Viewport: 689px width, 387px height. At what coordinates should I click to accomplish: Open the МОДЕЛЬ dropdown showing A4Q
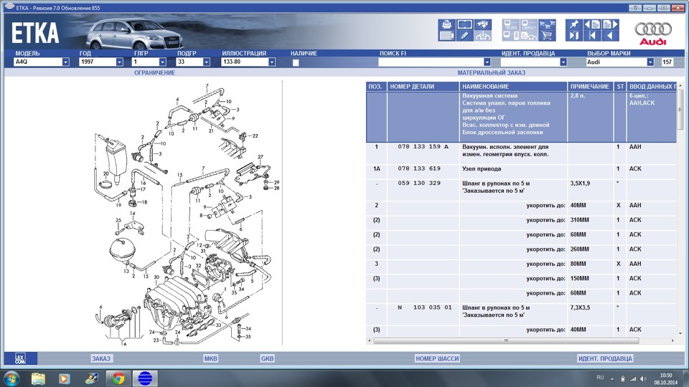coord(42,62)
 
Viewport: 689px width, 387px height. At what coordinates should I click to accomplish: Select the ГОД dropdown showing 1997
coord(100,62)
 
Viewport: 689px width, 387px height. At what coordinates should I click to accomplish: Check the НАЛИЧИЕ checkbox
coord(296,62)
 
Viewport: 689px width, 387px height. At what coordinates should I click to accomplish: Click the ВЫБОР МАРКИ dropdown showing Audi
coord(621,62)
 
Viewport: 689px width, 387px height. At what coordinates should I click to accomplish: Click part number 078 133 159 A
coord(423,147)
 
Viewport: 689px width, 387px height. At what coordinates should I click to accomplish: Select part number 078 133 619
coord(419,168)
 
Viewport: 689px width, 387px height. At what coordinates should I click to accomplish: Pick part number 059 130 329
coord(419,183)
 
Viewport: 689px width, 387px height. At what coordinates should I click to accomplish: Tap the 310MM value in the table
coord(579,220)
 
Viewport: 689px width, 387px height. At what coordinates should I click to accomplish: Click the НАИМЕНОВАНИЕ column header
coord(485,87)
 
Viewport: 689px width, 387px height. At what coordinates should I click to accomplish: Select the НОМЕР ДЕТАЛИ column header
coord(412,87)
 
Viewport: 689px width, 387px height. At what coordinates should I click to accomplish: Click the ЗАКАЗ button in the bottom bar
coord(101,358)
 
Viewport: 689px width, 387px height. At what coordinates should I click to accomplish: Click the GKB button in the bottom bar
coord(267,358)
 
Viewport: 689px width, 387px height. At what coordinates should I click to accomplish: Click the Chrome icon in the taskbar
coord(118,378)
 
